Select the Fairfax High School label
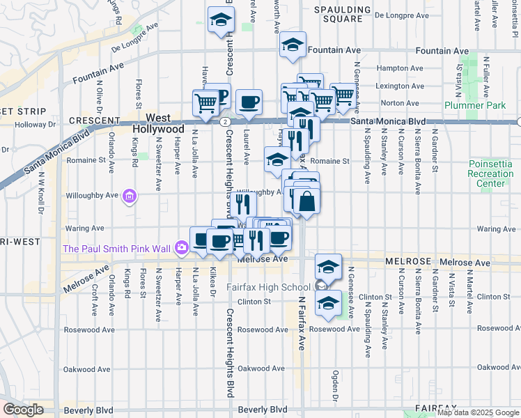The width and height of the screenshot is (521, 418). click(x=269, y=287)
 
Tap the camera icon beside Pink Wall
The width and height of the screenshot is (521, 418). click(x=182, y=247)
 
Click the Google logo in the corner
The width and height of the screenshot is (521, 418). click(x=23, y=410)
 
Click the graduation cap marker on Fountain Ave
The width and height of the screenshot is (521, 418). click(x=293, y=45)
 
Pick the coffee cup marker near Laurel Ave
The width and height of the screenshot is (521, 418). click(x=249, y=102)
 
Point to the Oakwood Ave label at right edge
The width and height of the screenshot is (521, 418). click(x=497, y=367)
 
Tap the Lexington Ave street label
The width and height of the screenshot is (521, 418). click(x=399, y=86)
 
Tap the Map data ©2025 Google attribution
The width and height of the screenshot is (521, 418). click(x=477, y=412)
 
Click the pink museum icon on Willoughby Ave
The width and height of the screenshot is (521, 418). click(x=129, y=197)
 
